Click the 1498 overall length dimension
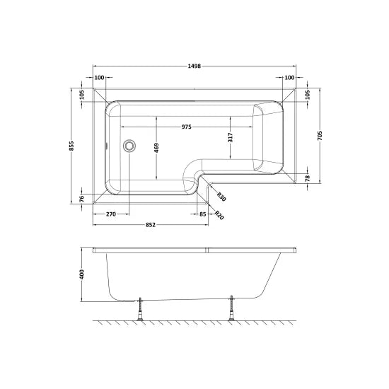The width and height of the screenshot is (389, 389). (194, 67)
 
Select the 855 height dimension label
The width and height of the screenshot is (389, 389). (71, 146)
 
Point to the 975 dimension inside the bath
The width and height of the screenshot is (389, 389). (187, 127)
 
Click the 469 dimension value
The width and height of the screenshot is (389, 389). (156, 147)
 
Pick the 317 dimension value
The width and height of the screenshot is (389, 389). (231, 138)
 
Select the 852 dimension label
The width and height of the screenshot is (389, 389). (151, 225)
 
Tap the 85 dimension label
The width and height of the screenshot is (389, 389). (203, 214)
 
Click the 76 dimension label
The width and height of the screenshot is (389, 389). (82, 198)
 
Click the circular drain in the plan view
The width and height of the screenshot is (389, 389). (129, 146)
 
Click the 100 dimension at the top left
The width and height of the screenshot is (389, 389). (100, 78)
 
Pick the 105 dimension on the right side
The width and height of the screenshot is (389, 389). (308, 93)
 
